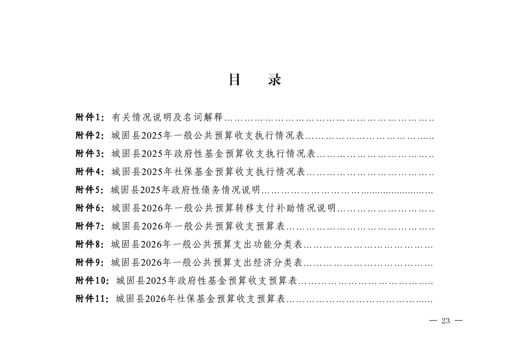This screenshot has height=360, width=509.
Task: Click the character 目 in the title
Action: [x=235, y=79]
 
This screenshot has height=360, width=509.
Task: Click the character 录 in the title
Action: [x=274, y=79]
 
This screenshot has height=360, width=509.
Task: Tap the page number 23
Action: [x=445, y=321]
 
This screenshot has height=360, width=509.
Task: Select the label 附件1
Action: [x=88, y=117]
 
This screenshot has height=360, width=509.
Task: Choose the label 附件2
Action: [x=88, y=135]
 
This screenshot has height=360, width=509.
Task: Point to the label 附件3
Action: [x=88, y=153]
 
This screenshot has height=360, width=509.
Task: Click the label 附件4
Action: [x=88, y=172]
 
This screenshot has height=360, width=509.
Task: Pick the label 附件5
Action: [x=88, y=190]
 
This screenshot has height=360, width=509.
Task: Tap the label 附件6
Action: [x=88, y=208]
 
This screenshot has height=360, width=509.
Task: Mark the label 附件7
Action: [x=88, y=226]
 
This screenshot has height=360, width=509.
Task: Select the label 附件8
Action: [x=88, y=244]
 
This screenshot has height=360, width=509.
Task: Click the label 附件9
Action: [x=88, y=262]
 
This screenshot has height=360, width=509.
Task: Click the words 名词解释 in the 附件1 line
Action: [x=203, y=117]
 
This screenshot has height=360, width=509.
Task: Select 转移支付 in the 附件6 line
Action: [x=255, y=208]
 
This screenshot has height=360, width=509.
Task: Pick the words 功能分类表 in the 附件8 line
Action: [x=278, y=244]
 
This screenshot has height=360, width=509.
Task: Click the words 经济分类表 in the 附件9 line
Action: [x=278, y=262]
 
